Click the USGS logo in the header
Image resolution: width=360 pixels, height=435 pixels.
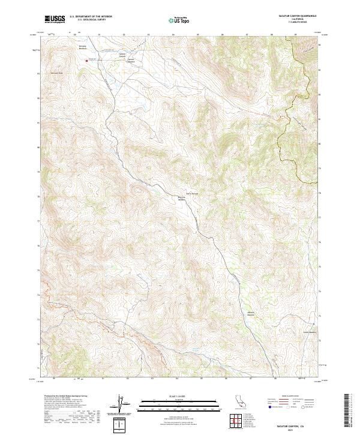(55, 19)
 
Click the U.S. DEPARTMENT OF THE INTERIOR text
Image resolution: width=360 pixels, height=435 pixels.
(90, 17)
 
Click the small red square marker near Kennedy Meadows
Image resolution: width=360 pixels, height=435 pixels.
(86, 60)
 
